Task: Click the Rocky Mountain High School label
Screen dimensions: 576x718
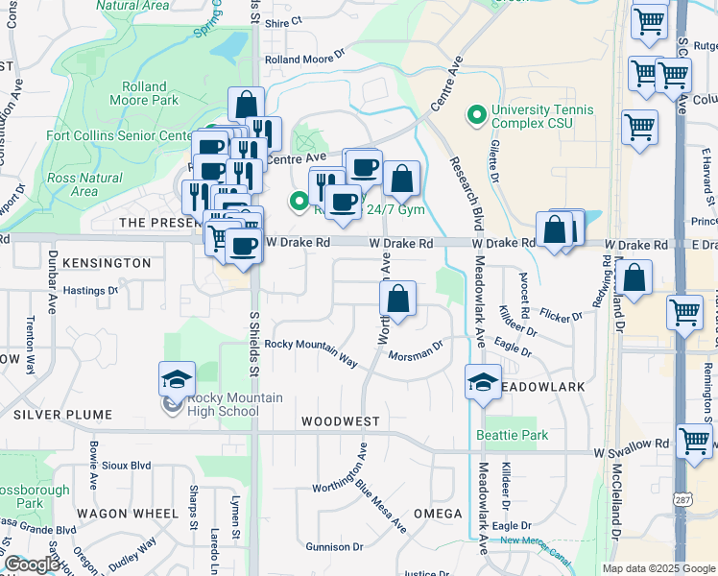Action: coord(223,404)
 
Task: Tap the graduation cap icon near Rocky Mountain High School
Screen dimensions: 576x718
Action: coord(177,379)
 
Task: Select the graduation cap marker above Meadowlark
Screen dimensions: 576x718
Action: coord(483,381)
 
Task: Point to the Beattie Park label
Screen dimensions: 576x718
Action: coord(513,435)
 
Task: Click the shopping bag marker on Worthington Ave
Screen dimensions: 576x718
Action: coord(398,299)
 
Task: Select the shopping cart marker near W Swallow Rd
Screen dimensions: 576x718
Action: coord(694,442)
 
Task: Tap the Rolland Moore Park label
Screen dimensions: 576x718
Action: coord(151,93)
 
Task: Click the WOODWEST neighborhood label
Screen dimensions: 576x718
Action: coord(340,421)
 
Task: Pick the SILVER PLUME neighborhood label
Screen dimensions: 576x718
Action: coord(62,415)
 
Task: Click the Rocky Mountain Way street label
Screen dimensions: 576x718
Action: coord(311,351)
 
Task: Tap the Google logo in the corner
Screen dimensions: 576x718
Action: coord(32,564)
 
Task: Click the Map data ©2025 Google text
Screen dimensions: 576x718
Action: coord(658,568)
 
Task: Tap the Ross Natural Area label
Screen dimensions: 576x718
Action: coord(84,184)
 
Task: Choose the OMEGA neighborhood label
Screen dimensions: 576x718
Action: coord(438,514)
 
